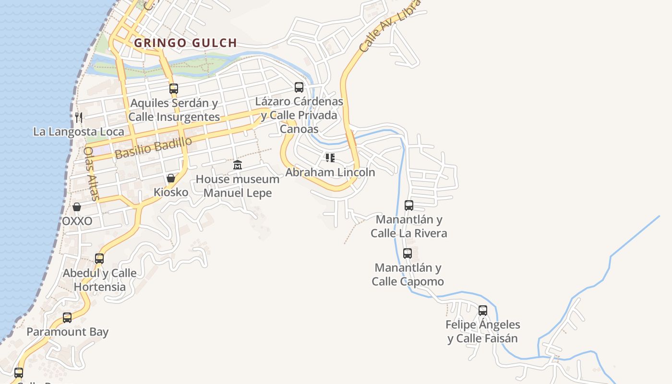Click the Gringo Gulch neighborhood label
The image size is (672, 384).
coord(185,43)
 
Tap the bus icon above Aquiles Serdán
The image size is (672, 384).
coord(174,89)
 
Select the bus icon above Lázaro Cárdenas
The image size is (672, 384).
coord(299,87)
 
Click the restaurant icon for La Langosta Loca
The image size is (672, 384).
coord(79,117)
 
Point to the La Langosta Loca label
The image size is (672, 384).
coord(79,132)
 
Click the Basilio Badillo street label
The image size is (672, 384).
coord(154,147)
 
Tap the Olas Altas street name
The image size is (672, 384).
coord(91,173)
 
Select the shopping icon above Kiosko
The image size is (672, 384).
coord(170,179)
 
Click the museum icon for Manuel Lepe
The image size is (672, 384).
coord(237,165)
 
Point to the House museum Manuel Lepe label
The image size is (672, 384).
coord(238,186)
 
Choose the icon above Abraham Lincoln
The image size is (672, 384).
coord(330,157)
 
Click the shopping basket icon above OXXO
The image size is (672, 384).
coord(77,207)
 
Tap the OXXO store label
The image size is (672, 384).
coord(77,221)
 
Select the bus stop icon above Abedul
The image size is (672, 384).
coord(99,259)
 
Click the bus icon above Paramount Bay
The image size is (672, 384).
coord(67,317)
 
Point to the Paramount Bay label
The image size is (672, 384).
coord(67,332)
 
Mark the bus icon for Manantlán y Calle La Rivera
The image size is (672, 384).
coord(409,205)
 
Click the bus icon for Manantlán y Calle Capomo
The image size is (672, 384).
coord(408,253)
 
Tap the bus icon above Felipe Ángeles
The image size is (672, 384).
coord(483,311)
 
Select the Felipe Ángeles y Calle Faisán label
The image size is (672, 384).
coord(483,331)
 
